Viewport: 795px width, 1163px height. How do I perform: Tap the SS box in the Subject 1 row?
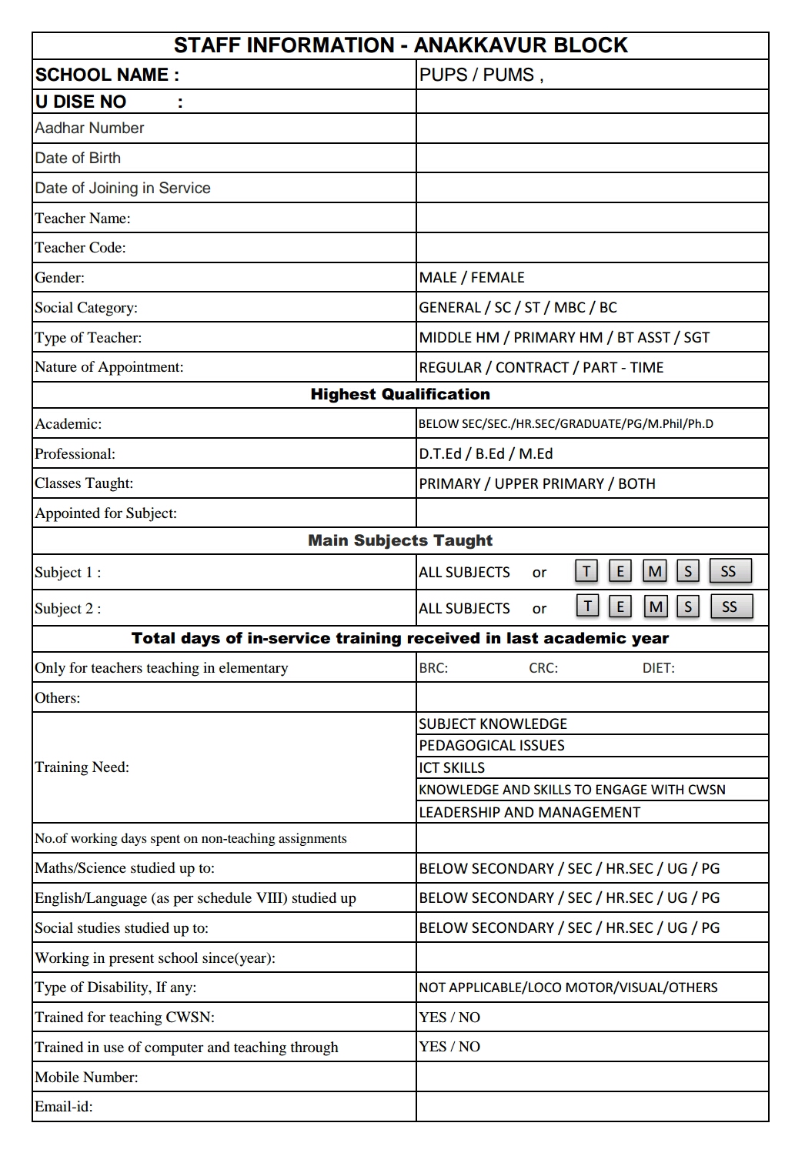click(x=729, y=571)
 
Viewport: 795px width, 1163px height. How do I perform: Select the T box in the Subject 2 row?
click(x=587, y=607)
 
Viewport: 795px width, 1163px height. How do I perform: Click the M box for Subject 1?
click(x=655, y=571)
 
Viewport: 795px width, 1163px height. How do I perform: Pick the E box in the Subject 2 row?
click(x=620, y=607)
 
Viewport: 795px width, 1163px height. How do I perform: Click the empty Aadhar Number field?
click(x=592, y=129)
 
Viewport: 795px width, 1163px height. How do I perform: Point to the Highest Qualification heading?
click(x=400, y=395)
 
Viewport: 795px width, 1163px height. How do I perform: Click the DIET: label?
click(x=659, y=668)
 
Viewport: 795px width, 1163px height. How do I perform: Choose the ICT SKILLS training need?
click(x=452, y=768)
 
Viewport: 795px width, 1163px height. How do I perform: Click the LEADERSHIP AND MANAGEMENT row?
click(x=529, y=813)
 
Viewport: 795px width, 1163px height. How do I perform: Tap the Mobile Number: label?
click(x=86, y=1078)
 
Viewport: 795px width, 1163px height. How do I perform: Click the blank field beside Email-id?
click(x=592, y=1107)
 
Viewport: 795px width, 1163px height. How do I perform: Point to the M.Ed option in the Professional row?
click(x=536, y=454)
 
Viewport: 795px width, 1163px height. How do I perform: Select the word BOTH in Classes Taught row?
click(x=636, y=484)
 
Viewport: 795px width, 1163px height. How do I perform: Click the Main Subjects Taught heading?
click(x=400, y=541)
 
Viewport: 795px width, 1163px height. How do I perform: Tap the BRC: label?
click(x=433, y=668)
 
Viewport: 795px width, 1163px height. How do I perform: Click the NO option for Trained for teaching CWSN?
click(x=469, y=1018)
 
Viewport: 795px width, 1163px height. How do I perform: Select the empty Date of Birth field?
click(x=592, y=159)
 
